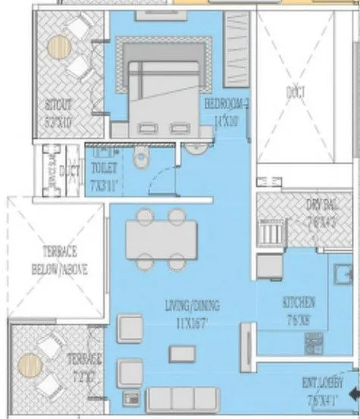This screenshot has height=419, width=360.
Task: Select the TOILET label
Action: (102, 164)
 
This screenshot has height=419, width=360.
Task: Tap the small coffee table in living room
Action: (180, 352)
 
